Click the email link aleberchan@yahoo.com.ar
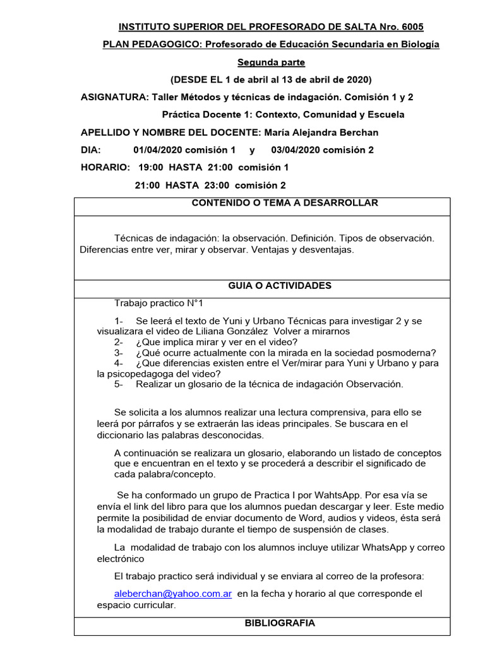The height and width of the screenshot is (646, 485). [172, 594]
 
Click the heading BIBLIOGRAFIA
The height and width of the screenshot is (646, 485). [280, 623]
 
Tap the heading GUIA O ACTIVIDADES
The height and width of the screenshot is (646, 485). [280, 286]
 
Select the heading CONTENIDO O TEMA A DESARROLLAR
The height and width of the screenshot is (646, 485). [285, 203]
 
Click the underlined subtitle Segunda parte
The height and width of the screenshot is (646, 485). [271, 62]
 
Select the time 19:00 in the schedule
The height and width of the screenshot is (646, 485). [151, 167]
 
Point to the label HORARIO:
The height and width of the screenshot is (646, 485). [105, 167]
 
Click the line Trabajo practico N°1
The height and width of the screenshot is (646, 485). [159, 303]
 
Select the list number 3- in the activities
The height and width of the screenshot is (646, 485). [119, 353]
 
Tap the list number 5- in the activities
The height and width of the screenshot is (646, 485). [119, 384]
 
